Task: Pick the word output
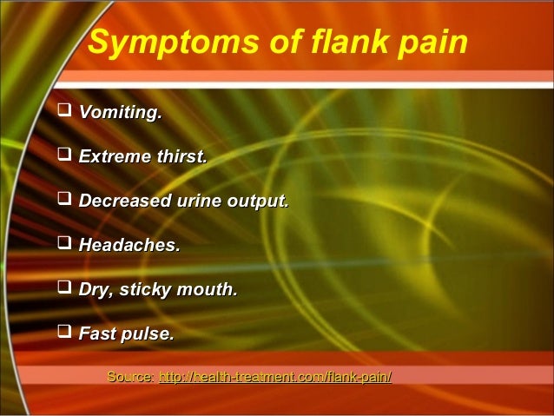[x=257, y=201]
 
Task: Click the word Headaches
[x=129, y=246]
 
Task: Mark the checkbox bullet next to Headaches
[x=64, y=246]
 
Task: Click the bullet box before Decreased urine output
[x=64, y=201]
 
